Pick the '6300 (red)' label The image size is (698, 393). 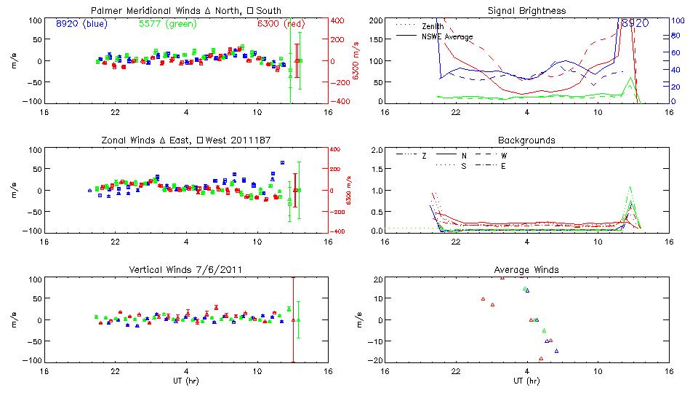[x=281, y=23]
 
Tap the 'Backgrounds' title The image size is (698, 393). [x=526, y=140]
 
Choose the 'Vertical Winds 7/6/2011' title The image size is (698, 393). [x=187, y=269]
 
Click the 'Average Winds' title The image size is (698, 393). [x=526, y=269]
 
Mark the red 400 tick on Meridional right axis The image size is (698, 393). [x=337, y=20]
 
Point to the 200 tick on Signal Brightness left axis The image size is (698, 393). [x=375, y=20]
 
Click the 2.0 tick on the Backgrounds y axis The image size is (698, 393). [x=377, y=150]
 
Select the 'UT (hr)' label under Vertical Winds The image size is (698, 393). [x=187, y=381]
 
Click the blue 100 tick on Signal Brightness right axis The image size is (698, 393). [x=675, y=20]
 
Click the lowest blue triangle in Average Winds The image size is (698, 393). [x=556, y=351]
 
